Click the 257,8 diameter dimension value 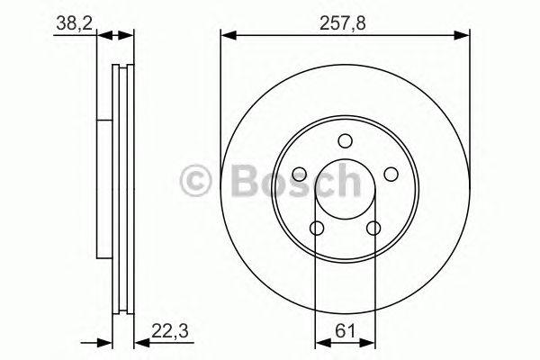coord(343,23)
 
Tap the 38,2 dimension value coord(75,23)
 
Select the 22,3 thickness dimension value coord(170,331)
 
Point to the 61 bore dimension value coord(345,331)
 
